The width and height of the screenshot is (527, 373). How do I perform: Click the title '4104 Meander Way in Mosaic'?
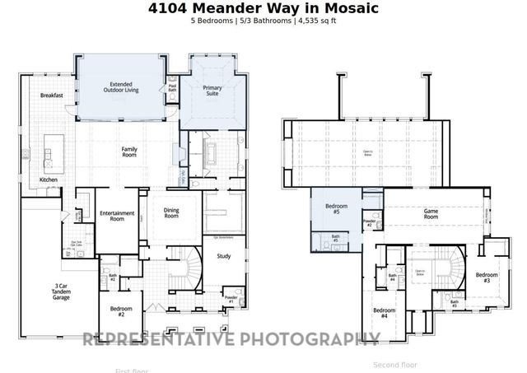[263, 8]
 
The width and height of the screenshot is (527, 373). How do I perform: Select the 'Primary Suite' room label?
[215, 91]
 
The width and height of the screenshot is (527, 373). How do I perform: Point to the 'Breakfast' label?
[52, 96]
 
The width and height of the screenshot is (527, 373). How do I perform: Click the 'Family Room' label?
[128, 152]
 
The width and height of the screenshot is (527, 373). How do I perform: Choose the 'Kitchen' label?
[49, 180]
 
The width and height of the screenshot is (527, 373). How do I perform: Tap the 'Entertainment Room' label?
[117, 217]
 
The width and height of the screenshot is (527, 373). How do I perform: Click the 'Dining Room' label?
[170, 212]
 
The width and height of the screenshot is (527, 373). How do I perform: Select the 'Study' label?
[223, 257]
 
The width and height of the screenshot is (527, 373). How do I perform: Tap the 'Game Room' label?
[431, 212]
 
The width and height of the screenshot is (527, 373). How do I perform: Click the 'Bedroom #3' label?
[487, 277]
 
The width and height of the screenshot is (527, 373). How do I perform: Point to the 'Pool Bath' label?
[173, 87]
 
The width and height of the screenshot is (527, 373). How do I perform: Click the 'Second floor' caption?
[395, 364]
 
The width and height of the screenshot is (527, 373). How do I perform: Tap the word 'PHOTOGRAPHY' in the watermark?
[308, 338]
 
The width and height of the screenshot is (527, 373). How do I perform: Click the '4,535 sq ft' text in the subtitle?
[315, 21]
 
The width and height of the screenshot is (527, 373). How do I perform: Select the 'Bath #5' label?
[335, 239]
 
